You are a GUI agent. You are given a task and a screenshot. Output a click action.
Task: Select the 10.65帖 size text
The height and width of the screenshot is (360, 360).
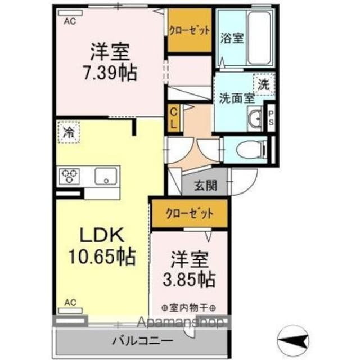(x=103, y=257)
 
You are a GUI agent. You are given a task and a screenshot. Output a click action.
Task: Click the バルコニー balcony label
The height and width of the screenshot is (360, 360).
(x=142, y=341)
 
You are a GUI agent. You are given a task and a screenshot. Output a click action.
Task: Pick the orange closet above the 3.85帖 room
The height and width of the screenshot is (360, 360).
(x=190, y=213)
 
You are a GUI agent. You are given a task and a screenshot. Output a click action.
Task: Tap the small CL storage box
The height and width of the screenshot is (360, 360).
(x=174, y=118)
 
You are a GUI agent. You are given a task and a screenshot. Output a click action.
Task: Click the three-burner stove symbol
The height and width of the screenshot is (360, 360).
(x=70, y=176)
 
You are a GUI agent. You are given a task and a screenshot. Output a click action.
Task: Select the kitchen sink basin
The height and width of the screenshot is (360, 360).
(x=106, y=175)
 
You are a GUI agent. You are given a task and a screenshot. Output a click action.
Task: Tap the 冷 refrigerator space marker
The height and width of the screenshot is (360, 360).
(x=69, y=133)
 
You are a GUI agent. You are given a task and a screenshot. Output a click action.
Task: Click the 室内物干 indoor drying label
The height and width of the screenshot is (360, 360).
(x=190, y=308)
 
